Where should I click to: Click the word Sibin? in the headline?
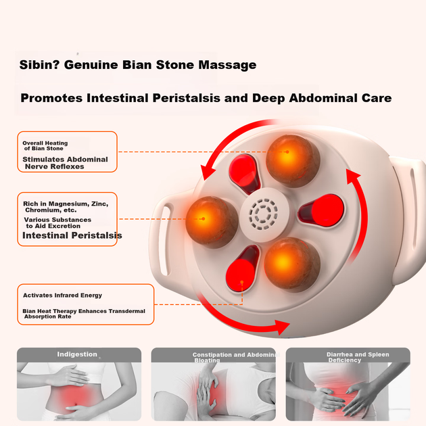[39, 65]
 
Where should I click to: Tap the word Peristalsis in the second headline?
[186, 98]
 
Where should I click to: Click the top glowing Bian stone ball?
[293, 161]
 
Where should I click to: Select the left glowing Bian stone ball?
[212, 222]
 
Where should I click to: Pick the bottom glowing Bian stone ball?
[292, 264]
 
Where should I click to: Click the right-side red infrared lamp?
[321, 210]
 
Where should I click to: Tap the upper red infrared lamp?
[244, 173]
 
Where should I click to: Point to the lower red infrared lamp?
[242, 268]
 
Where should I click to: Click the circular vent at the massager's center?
[263, 214]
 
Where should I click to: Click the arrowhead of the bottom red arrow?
[282, 327]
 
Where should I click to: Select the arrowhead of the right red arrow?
[352, 176]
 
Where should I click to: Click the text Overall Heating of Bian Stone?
[45, 145]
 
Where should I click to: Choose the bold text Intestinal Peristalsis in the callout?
[72, 235]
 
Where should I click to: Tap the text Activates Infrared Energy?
[62, 295]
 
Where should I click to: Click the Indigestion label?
[77, 354]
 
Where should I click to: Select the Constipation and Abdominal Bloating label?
[236, 358]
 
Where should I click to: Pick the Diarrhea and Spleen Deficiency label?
[358, 357]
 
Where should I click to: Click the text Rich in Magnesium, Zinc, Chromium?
[66, 207]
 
